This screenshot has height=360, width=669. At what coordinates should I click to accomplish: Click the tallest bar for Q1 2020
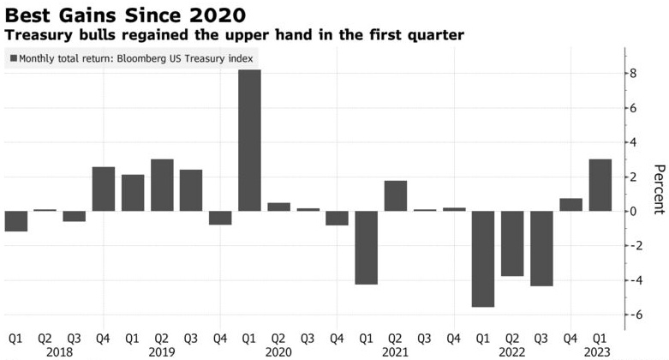pyautogui.click(x=249, y=140)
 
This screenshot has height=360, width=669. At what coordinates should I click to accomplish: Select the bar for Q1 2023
pyautogui.click(x=600, y=185)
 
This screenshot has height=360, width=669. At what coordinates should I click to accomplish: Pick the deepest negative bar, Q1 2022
pyautogui.click(x=483, y=259)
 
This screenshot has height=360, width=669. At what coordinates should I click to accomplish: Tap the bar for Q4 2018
pyautogui.click(x=104, y=189)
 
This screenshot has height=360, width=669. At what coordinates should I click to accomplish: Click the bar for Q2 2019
pyautogui.click(x=162, y=185)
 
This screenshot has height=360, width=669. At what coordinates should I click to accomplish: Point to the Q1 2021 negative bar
pyautogui.click(x=367, y=248)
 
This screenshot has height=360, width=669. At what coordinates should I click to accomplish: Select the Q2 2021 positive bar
pyautogui.click(x=396, y=195)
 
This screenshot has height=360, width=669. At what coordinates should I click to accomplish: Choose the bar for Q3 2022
pyautogui.click(x=541, y=249)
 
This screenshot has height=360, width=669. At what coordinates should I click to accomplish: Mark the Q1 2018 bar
pyautogui.click(x=16, y=221)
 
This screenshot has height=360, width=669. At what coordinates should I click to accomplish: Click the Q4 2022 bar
pyautogui.click(x=570, y=205)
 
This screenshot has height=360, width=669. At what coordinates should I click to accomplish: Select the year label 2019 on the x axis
pyautogui.click(x=162, y=351)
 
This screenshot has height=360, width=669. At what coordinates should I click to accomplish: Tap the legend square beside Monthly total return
pyautogui.click(x=13, y=58)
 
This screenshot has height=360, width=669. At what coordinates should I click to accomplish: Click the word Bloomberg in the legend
pyautogui.click(x=153, y=58)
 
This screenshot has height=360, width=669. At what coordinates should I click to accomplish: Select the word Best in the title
pyautogui.click(x=26, y=15)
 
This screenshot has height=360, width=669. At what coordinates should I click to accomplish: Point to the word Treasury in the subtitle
pyautogui.click(x=35, y=35)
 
